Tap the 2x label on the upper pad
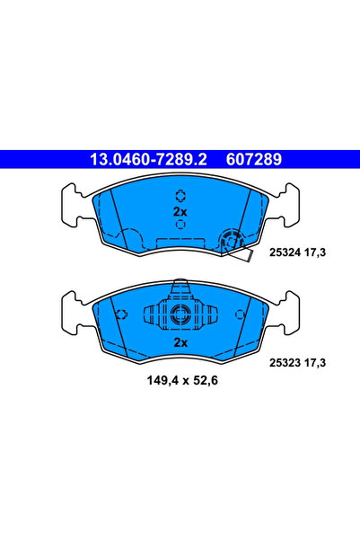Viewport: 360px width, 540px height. pos(180,211)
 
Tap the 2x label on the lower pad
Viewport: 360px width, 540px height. pos(180,342)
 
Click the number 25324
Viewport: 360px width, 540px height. pos(286,254)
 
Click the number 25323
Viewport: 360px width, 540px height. pos(286,362)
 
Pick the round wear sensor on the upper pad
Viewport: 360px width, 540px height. pos(229,240)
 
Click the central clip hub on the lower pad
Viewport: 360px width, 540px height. pos(180,314)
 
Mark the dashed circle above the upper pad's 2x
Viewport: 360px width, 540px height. pos(180,195)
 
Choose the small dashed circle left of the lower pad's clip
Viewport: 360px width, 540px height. pos(121,314)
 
